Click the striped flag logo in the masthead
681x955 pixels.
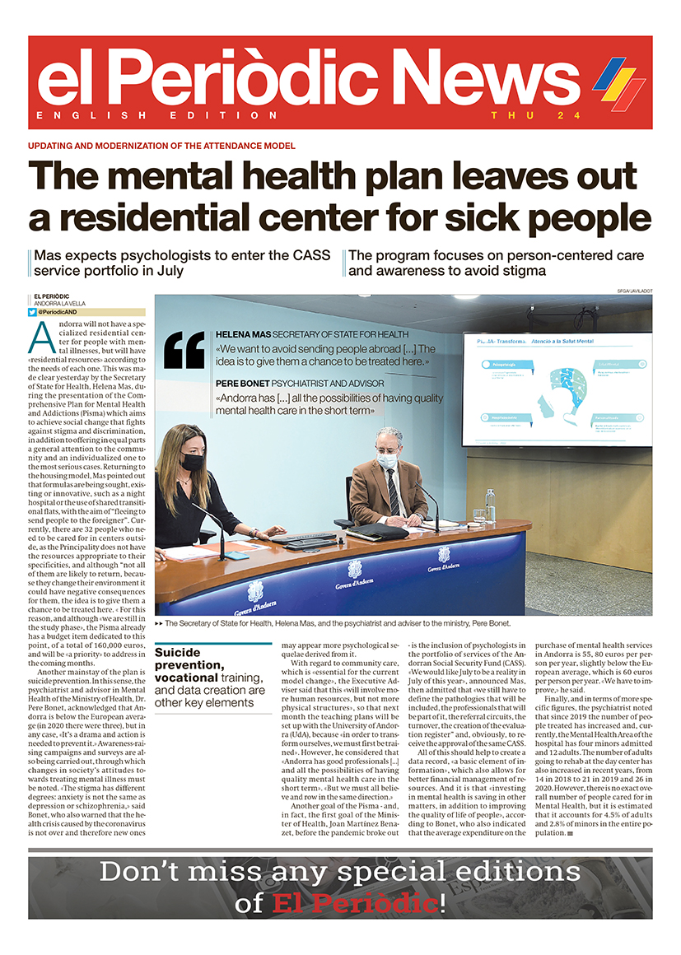[618, 83]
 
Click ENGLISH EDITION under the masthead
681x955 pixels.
[157, 115]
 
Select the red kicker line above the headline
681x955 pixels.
[161, 146]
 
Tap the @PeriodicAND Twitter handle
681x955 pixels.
[62, 313]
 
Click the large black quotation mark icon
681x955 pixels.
[184, 350]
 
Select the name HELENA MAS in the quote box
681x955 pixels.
[242, 336]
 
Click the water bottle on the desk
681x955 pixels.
[491, 506]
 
